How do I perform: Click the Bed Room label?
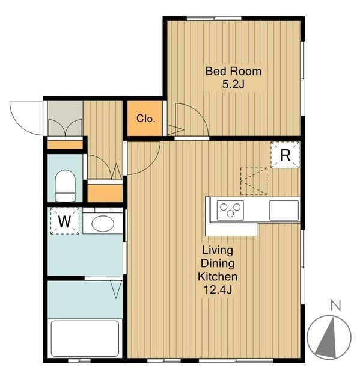point(233,71)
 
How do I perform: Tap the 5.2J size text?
point(233,85)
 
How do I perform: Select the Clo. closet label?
point(146,119)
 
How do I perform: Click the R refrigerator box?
point(285,155)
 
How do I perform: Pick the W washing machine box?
point(65,221)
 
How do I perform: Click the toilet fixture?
point(66,186)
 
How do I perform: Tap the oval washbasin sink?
point(103,223)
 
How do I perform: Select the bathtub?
point(85,339)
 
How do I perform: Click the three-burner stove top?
point(230,210)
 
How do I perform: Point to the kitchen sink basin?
point(284,210)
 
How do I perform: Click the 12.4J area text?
point(218,290)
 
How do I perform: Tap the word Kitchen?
point(218,277)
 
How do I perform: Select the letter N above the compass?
point(336,306)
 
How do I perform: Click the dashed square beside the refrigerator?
point(254,181)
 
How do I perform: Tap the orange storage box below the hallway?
point(105,193)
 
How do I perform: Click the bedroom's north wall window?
point(214,18)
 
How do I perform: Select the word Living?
point(218,251)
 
